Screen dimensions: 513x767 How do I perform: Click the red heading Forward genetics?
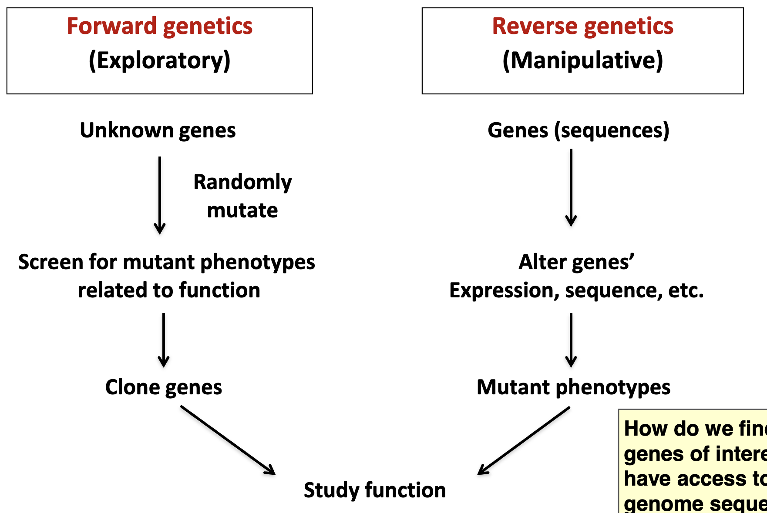pos(159,26)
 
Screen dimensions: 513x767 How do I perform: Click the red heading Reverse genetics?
pos(582,26)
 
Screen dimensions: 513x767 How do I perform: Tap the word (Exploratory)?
pos(159,60)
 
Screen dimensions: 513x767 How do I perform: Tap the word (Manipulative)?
pos(582,60)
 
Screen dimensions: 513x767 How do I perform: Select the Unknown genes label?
pos(158,130)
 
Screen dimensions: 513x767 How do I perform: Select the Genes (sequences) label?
pos(578,130)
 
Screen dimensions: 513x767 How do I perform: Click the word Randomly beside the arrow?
pos(242,182)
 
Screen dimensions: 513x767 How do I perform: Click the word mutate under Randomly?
pos(242,210)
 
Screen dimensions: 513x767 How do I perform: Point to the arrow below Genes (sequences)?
pos(571,187)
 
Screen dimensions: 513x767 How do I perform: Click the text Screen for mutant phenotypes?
pos(166,262)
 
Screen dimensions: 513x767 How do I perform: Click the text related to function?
pos(169,290)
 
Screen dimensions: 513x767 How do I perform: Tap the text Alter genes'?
pos(576,262)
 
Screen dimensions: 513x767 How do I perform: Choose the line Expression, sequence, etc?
pos(576,290)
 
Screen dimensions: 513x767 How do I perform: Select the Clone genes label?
pos(164,387)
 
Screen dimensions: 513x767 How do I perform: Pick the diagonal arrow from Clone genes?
pos(228,440)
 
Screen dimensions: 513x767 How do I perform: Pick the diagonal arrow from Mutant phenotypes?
pos(524,440)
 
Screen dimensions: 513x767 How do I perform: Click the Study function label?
pos(375,490)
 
